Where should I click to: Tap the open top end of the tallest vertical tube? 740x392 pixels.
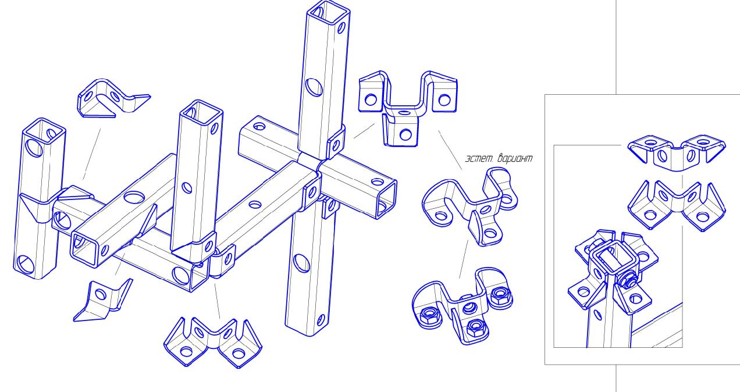tap(328, 12)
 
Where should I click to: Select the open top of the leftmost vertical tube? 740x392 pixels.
tap(44, 130)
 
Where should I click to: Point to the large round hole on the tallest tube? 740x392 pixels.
tap(314, 87)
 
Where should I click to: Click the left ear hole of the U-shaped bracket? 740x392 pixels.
tap(371, 99)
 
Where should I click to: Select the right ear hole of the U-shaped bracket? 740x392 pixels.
tap(444, 99)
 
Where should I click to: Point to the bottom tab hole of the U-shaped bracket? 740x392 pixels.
tap(405, 134)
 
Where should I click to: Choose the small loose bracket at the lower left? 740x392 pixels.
tap(103, 301)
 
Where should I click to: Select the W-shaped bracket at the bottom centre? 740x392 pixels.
tap(213, 343)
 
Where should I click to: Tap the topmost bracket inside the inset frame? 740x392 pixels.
tap(677, 152)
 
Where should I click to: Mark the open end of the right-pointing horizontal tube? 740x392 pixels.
tap(387, 199)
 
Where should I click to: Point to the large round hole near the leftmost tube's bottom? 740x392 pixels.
tap(26, 264)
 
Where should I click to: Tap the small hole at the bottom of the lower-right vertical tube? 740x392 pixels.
tap(321, 320)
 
